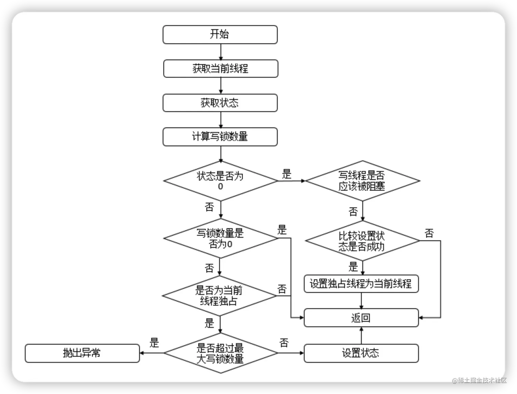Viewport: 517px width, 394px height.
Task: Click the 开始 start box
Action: (220, 35)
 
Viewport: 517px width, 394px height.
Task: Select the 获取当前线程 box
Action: (221, 69)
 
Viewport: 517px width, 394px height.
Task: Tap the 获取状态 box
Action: (220, 103)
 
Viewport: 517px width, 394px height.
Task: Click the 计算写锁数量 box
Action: (220, 137)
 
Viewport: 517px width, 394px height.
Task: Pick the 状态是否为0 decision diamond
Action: (221, 181)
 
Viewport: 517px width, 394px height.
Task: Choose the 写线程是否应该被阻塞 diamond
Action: (362, 181)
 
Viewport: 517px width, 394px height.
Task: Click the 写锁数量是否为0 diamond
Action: (221, 238)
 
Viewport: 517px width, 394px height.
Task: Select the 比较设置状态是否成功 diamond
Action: (362, 241)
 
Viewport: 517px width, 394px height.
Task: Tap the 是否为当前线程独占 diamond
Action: (219, 296)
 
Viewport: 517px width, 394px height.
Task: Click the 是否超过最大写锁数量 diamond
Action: (221, 353)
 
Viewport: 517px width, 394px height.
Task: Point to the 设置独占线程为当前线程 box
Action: (361, 284)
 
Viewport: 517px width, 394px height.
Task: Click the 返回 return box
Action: (361, 318)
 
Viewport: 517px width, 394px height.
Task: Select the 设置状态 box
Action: (361, 353)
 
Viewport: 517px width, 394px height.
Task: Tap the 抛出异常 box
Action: (82, 353)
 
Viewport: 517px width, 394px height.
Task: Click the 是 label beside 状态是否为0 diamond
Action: (287, 174)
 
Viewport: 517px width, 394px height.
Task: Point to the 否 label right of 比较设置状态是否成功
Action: (429, 233)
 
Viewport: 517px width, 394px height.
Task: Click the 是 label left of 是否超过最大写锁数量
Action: (154, 342)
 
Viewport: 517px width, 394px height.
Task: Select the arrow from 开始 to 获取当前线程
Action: (221, 52)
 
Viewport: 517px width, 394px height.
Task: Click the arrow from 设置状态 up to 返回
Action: (361, 336)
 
